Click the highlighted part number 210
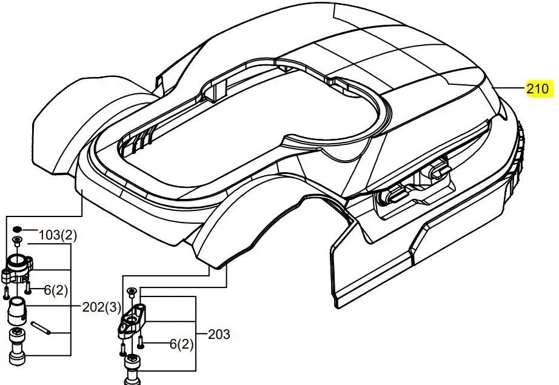[x=538, y=88]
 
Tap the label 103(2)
[x=58, y=235]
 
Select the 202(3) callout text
[x=102, y=307]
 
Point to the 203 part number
[x=219, y=335]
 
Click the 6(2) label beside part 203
[x=181, y=344]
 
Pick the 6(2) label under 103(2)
[x=56, y=290]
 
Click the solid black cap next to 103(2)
[x=17, y=229]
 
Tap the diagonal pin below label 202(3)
[x=41, y=328]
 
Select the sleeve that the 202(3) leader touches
[x=17, y=311]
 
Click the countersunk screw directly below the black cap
[x=17, y=241]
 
